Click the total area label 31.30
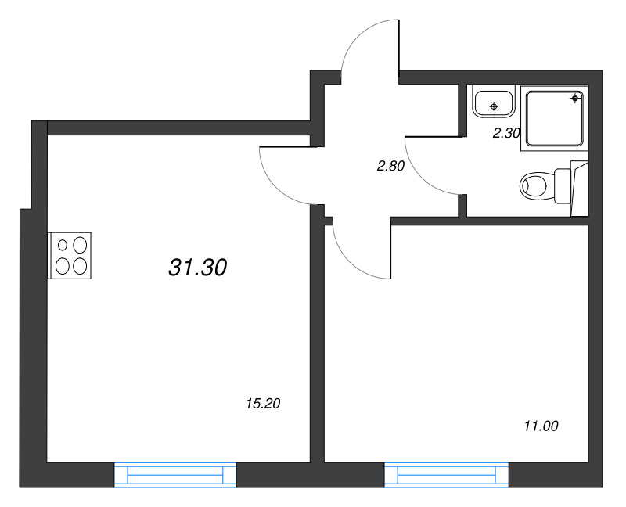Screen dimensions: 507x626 pos(197,268)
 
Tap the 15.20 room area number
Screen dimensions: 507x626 pos(263,405)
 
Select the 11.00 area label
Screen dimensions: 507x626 pos(541,426)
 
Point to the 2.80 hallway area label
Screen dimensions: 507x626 pos(390,165)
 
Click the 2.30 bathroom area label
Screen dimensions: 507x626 pos(505,133)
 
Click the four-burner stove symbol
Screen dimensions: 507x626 pos(71,255)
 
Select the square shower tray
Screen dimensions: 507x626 pos(555,118)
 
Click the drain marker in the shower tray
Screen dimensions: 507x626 pos(576,98)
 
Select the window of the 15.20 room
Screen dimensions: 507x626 pos(175,474)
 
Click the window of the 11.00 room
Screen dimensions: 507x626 pos(446,474)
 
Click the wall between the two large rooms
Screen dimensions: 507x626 pos(317,344)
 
